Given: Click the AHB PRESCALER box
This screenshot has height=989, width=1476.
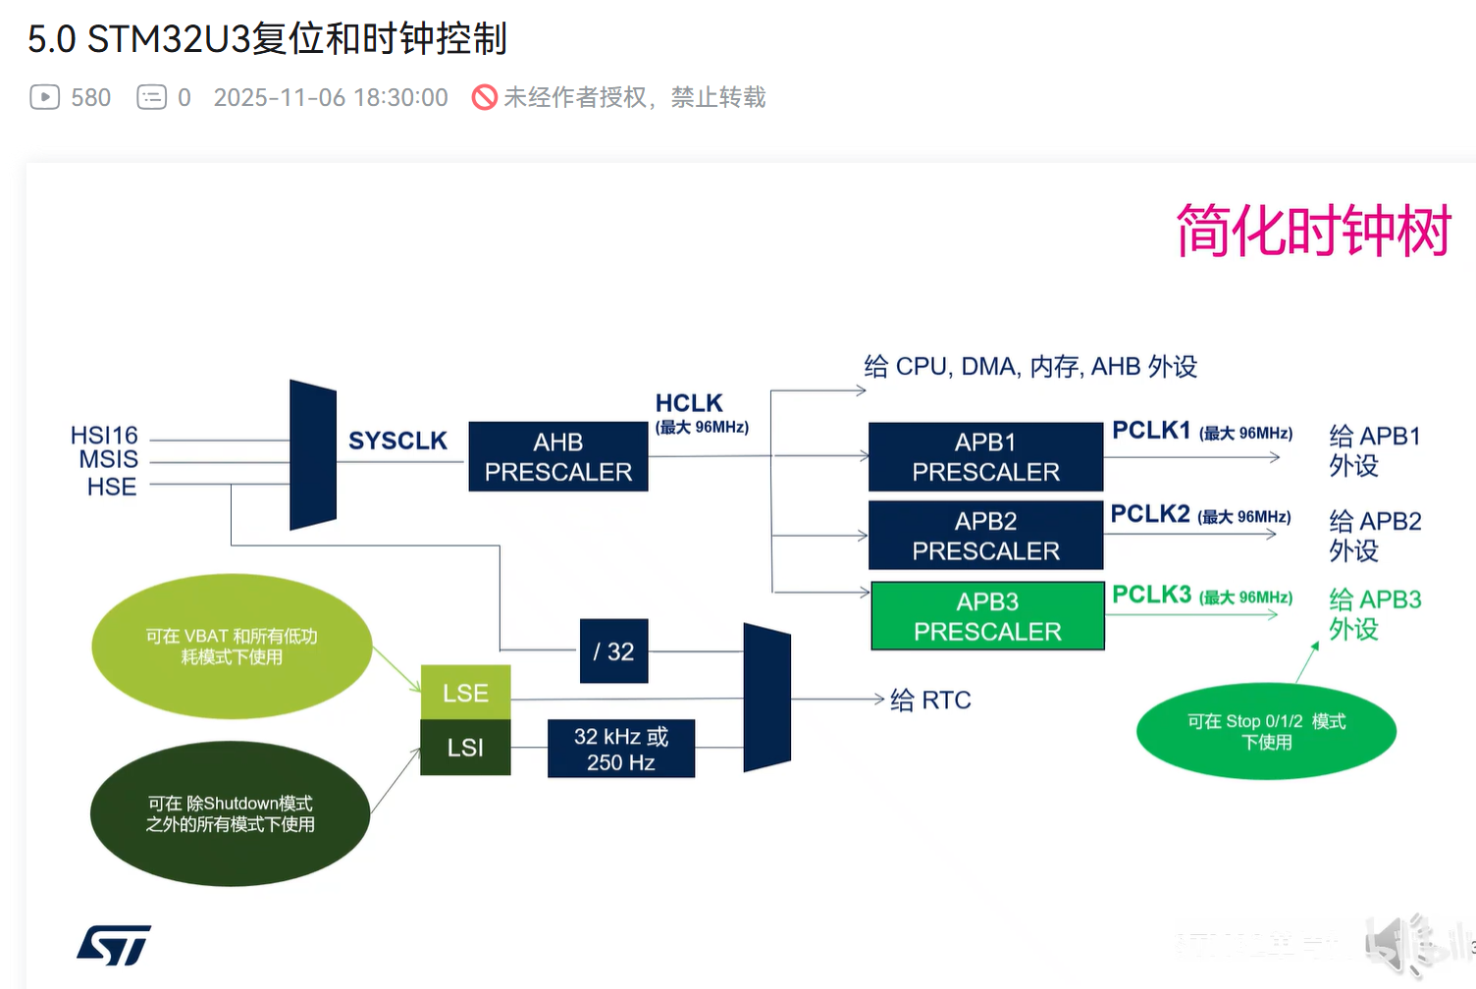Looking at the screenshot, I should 557,456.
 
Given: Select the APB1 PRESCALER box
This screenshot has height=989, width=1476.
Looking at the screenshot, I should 985,456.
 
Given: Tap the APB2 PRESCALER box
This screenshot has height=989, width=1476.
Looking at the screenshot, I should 985,536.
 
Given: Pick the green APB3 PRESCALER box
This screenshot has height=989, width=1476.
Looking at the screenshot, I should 987,616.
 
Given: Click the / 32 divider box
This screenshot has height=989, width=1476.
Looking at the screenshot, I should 613,651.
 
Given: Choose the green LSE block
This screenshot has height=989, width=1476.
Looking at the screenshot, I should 465,693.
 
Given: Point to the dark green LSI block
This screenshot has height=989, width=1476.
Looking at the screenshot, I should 465,748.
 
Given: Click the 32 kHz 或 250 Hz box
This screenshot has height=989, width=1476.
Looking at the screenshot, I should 620,749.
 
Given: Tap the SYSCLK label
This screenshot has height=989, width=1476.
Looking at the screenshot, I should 397,441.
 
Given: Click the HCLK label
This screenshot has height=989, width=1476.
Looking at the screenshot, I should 689,403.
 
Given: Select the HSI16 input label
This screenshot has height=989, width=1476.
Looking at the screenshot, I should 104,435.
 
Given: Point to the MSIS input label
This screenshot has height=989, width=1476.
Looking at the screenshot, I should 108,459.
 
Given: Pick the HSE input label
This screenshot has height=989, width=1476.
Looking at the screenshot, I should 111,487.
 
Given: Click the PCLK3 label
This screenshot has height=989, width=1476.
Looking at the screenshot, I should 1151,595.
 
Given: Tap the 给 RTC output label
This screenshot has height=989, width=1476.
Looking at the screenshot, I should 930,700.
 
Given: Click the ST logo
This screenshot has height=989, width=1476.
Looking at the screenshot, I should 114,945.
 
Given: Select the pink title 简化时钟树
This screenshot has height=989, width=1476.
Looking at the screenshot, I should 1313,232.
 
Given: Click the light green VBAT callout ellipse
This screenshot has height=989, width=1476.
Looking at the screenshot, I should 232,646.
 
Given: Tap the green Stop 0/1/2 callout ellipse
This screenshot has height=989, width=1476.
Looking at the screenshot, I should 1266,731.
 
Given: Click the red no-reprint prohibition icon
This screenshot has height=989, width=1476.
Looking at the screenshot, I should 485,97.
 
